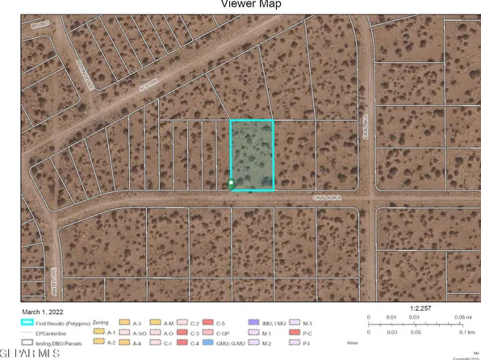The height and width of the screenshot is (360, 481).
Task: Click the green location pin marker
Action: [232, 184]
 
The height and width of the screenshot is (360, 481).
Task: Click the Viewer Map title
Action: [240, 3]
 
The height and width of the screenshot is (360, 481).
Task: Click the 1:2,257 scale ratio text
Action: [421, 307]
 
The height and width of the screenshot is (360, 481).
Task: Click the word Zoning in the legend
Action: [101, 322]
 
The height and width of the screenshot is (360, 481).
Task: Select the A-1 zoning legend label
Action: [110, 332]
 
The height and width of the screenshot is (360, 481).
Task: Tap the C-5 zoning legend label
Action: [220, 322]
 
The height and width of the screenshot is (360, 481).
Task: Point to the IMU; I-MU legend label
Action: [271, 322]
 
